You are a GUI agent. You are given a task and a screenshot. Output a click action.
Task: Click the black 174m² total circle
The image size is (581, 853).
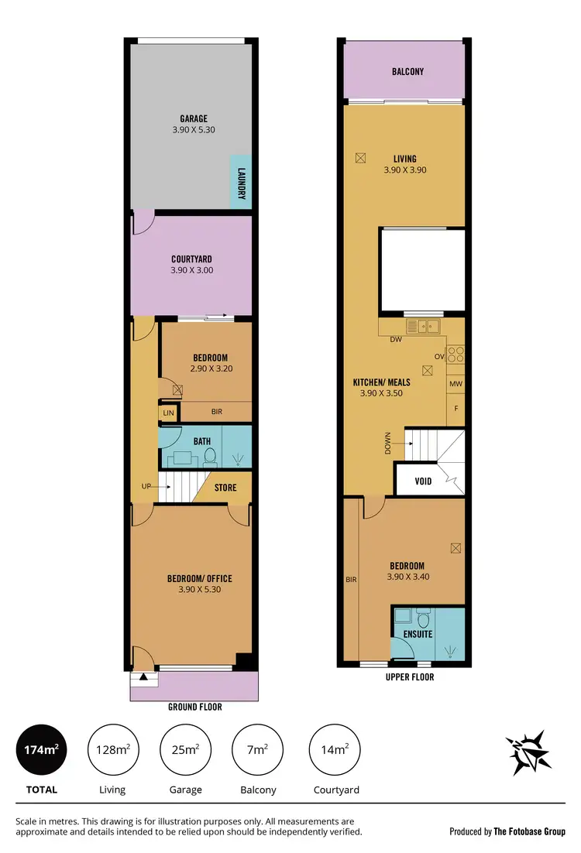tap(42, 749)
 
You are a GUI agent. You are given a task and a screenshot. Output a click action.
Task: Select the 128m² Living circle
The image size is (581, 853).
tap(114, 749)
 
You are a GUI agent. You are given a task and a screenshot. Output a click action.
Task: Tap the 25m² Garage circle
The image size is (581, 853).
tap(185, 749)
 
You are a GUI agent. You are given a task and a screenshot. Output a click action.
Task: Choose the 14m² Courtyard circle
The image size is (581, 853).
tap(335, 749)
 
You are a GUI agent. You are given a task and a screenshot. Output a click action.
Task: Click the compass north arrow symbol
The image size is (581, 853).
tap(530, 752)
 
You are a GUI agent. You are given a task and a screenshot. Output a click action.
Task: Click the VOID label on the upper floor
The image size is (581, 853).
tap(423, 481)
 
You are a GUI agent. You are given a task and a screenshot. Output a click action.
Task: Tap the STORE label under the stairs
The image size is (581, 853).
tap(226, 488)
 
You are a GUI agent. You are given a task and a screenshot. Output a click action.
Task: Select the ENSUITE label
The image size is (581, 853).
tap(418, 634)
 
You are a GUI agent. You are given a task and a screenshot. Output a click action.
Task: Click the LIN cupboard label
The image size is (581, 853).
tap(168, 413)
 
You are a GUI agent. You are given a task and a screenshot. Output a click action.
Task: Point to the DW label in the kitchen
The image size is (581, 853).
tap(395, 340)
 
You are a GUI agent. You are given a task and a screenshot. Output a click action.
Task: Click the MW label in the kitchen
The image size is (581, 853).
tap(456, 383)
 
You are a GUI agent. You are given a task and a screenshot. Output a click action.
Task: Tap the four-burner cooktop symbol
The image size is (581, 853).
tap(456, 354)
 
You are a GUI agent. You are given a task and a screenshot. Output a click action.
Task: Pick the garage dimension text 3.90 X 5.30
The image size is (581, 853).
tap(194, 130)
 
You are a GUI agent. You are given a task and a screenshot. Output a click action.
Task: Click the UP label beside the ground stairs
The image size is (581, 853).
tap(146, 486)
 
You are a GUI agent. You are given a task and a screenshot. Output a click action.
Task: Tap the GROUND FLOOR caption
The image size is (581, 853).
tap(195, 707)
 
